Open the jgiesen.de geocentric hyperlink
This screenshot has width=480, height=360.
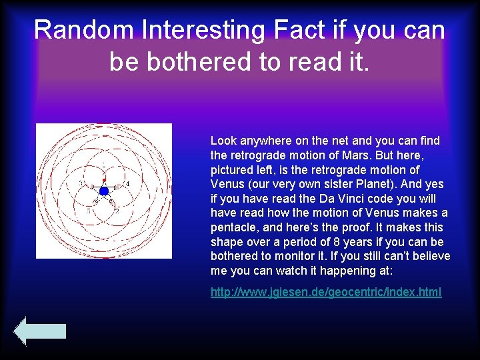point(326,292)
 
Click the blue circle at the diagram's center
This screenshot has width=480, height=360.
point(104,191)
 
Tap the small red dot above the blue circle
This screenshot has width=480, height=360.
point(104,180)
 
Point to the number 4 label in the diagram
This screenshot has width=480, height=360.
point(128,183)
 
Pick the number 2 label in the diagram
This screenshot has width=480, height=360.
point(117,211)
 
